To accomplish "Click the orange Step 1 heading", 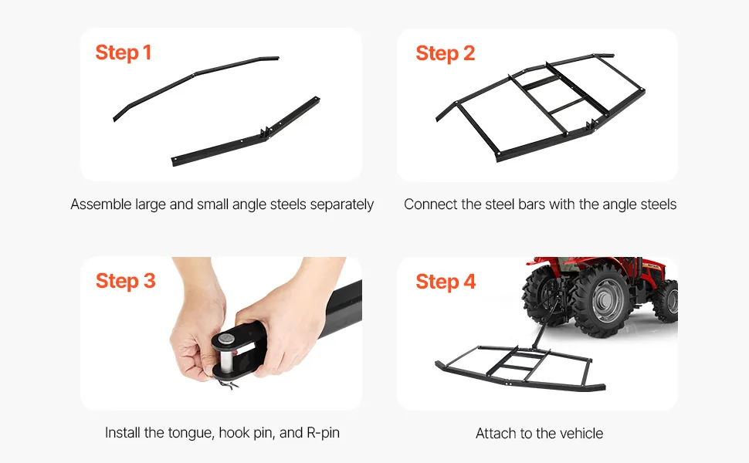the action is pos(124,52).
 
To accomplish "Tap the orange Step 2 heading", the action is pos(446,53).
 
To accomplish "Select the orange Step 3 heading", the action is pos(126,281).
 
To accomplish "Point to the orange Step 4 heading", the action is pos(446,282).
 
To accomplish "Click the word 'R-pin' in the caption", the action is pos(323,432).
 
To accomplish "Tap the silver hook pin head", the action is pos(226,340).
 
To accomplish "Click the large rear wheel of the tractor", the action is pos(603,300).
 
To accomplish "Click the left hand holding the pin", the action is pos(196,330).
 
